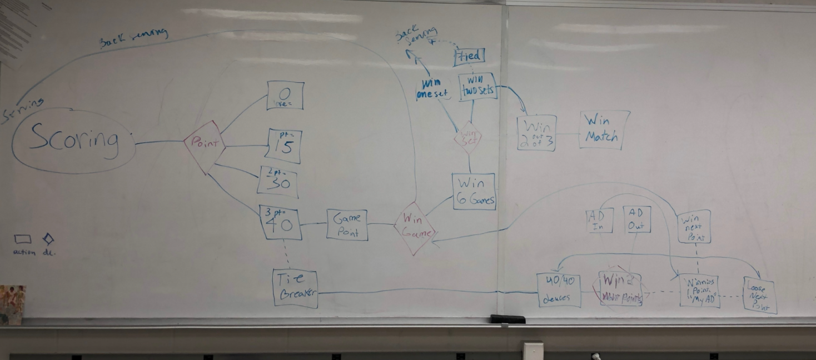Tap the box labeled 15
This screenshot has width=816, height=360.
click(x=283, y=146)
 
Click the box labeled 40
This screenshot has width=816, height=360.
click(x=280, y=223)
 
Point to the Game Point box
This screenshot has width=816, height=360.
click(x=347, y=224)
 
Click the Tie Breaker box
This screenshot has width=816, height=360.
click(x=295, y=288)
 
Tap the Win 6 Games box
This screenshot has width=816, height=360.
click(x=474, y=192)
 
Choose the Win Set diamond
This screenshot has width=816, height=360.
click(x=467, y=138)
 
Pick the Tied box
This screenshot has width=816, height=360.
click(x=469, y=56)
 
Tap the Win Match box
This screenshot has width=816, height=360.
click(x=604, y=129)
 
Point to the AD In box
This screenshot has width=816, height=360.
click(x=599, y=220)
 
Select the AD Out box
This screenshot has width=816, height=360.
click(x=636, y=219)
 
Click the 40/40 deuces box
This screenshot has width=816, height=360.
click(x=559, y=290)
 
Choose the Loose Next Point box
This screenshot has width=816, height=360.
click(x=760, y=294)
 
